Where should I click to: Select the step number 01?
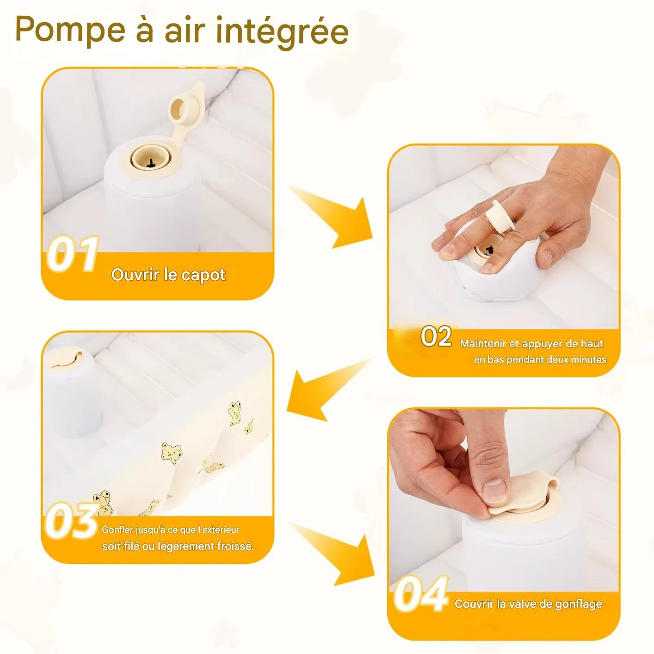(x=73, y=254)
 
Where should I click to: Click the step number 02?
(x=436, y=336)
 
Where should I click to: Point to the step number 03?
(x=72, y=522)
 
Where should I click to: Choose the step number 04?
(x=421, y=595)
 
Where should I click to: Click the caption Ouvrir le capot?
(x=168, y=275)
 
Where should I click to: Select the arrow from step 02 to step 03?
(x=324, y=389)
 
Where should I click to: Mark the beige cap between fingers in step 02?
(x=500, y=217)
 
